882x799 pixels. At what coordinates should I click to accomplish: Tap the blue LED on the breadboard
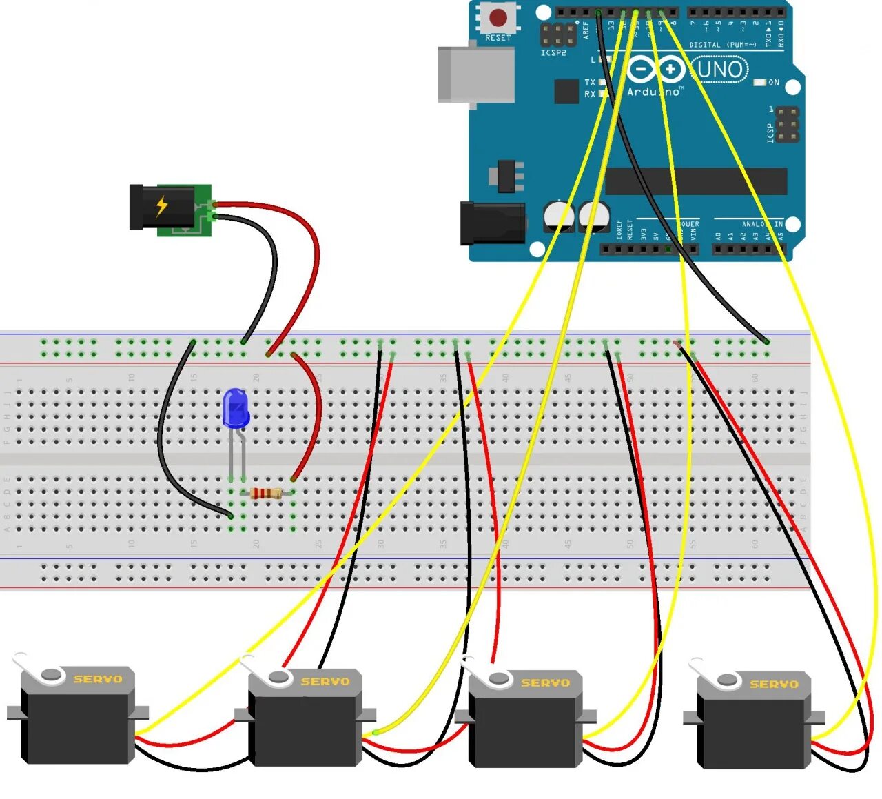[236, 408]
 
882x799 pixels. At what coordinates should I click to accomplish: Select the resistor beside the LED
[266, 493]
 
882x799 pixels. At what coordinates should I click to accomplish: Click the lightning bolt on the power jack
[162, 205]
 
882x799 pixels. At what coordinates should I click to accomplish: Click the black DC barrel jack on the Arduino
[492, 223]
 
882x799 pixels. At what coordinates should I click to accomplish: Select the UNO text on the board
[720, 70]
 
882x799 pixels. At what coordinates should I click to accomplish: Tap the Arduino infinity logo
[655, 69]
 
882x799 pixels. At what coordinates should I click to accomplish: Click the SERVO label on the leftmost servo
[98, 679]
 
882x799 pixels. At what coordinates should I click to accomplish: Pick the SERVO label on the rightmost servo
[774, 684]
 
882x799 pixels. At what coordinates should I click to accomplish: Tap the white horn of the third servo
[486, 674]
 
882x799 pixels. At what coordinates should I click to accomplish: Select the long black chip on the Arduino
[696, 181]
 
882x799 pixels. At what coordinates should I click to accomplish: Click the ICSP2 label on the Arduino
[553, 53]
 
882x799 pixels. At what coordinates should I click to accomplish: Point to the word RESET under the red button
[498, 38]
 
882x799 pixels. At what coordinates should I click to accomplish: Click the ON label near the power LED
[774, 83]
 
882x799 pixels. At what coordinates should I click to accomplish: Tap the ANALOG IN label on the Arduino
[762, 224]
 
